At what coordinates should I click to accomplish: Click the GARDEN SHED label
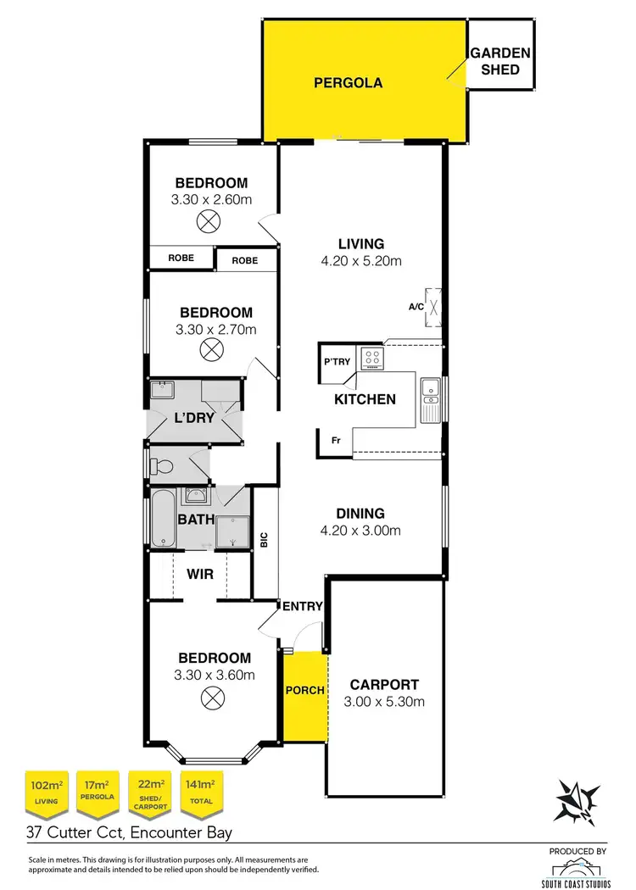pos(500,61)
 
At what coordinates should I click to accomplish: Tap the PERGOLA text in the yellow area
pos(348,83)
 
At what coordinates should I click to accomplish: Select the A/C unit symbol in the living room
pos(434,307)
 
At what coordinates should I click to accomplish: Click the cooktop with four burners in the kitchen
pos(371,358)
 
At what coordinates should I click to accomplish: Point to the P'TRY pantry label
pos(337,362)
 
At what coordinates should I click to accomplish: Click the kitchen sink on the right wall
pos(431,398)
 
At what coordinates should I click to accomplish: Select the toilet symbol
pos(164,465)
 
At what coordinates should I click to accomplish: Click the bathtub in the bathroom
pos(162,517)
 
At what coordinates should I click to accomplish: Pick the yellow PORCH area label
pos(304,690)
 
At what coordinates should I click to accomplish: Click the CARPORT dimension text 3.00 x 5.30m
pos(384,702)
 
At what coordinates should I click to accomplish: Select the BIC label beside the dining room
pos(264,539)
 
